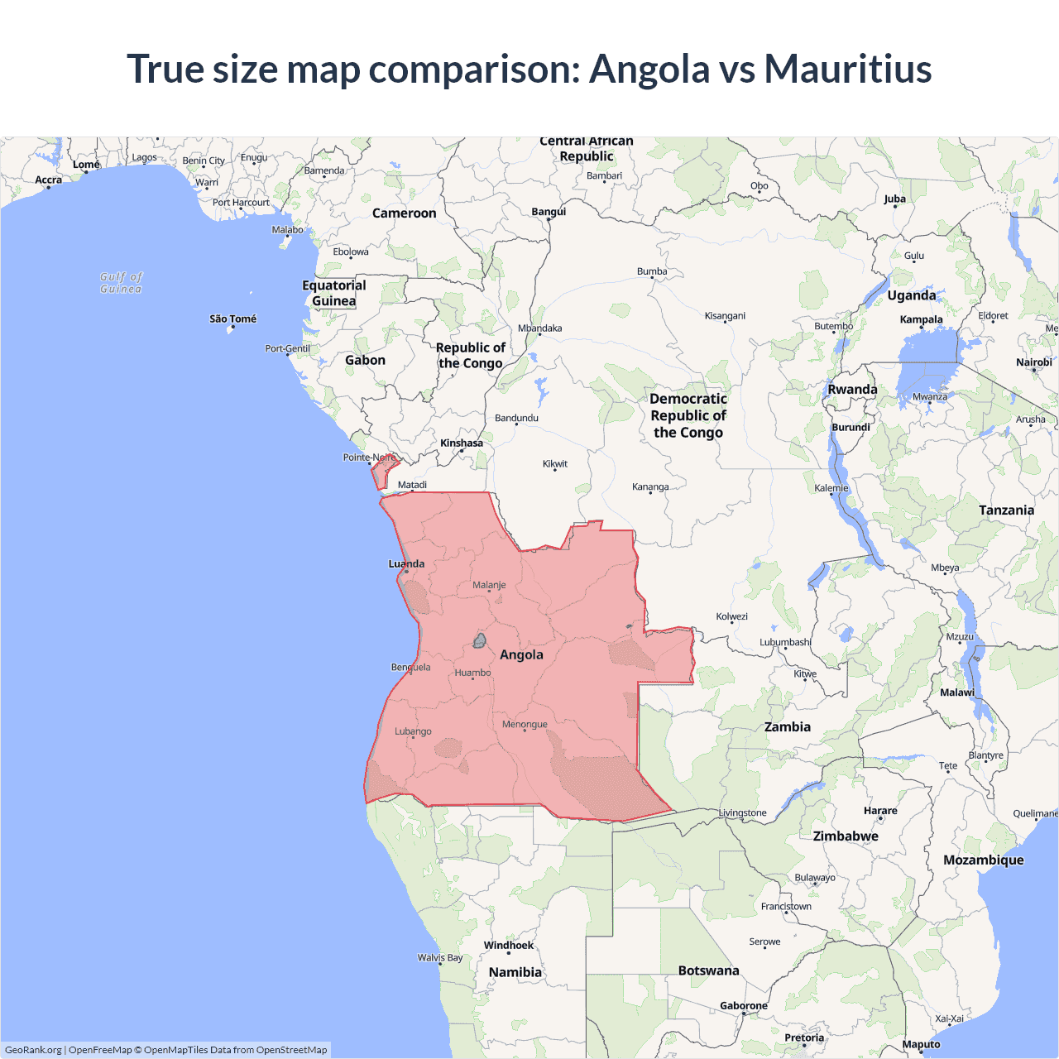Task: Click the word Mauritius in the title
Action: click(848, 69)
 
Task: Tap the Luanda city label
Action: click(406, 564)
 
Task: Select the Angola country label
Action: click(521, 654)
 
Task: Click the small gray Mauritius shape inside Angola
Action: click(479, 640)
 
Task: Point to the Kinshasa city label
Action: click(462, 443)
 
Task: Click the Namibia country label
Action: click(515, 972)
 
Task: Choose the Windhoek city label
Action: click(509, 946)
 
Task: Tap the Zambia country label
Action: click(787, 726)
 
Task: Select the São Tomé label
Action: click(232, 319)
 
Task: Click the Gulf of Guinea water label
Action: click(121, 283)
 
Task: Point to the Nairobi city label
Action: click(1033, 362)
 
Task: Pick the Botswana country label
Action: click(708, 970)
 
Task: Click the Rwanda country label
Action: click(852, 390)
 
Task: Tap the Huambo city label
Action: click(472, 673)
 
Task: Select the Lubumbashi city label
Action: click(785, 642)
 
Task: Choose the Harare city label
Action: click(880, 811)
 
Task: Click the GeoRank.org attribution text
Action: click(33, 1050)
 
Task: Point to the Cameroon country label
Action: click(404, 213)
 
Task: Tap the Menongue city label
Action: click(525, 725)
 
